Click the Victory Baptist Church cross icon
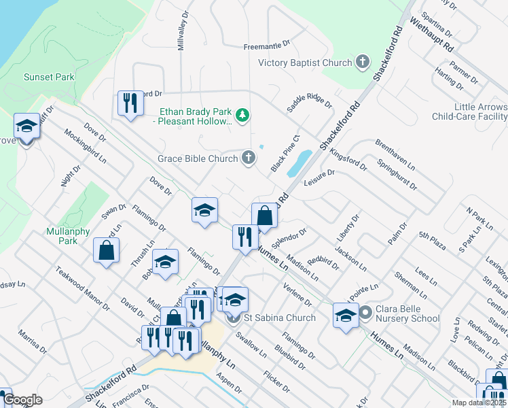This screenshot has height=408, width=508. coord(363,63)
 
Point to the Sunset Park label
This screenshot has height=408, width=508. coord(49,77)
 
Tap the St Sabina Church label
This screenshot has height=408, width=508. coord(279,318)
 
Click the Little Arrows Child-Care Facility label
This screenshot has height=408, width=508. coord(470,112)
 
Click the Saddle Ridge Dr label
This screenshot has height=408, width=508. coord(309,100)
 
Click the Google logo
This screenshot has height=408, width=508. coord(22,400)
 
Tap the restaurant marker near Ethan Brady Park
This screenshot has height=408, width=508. coord(128,103)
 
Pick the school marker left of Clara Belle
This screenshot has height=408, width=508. coord(346,315)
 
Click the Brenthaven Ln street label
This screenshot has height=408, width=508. coord(393,158)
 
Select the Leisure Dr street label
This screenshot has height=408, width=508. coord(320,177)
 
